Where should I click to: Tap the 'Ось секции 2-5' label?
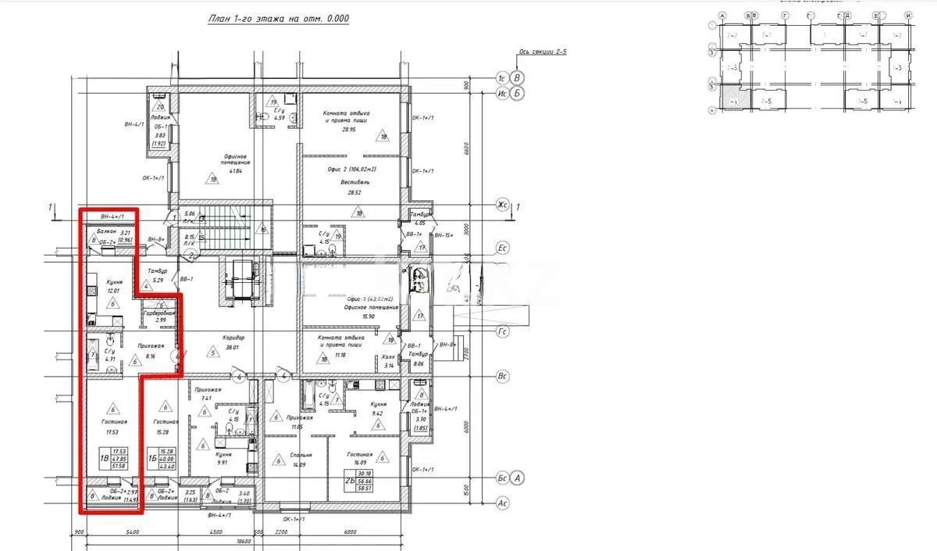click(543, 54)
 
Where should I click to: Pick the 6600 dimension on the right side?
click(465, 148)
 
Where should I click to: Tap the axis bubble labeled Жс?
click(504, 206)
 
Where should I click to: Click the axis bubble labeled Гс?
click(504, 332)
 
